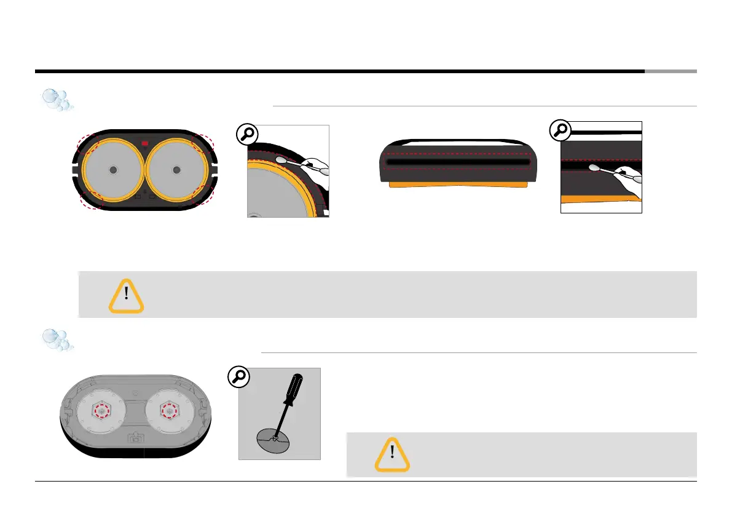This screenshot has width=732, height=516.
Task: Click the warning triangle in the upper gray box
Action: tap(126, 296)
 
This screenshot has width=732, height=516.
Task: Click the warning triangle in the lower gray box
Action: tap(392, 454)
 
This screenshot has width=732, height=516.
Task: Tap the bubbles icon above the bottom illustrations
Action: tap(57, 340)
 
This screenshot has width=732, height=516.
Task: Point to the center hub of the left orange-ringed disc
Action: tap(112, 169)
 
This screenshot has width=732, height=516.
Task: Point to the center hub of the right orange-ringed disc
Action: tap(178, 169)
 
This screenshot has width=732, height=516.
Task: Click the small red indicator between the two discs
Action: tap(145, 143)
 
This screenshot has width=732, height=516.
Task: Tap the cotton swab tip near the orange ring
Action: tap(282, 159)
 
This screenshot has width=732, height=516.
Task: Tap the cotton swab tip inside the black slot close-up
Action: tap(596, 167)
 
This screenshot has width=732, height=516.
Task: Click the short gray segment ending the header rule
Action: tap(671, 71)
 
